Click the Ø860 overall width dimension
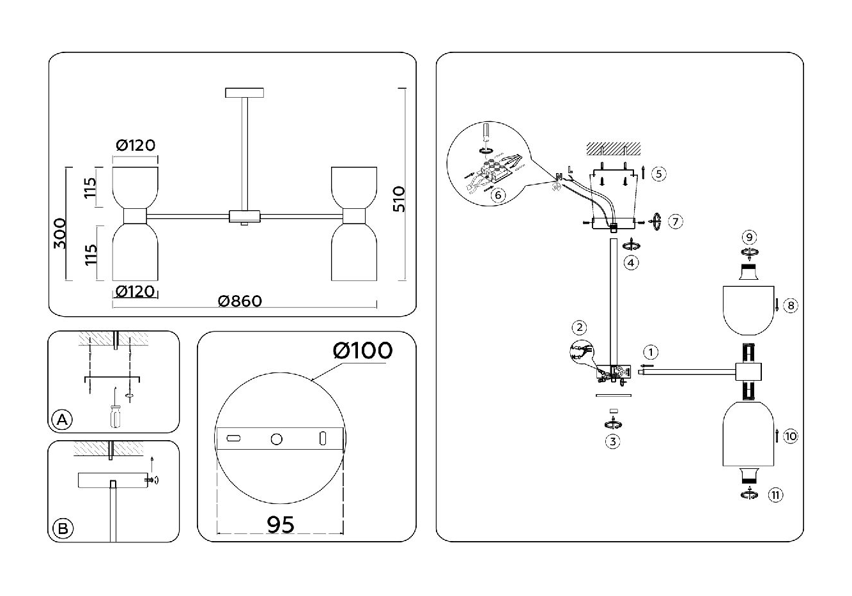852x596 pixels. click(240, 301)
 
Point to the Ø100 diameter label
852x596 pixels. click(362, 350)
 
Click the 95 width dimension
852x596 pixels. click(281, 524)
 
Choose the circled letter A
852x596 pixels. click(62, 420)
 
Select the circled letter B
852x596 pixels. click(62, 529)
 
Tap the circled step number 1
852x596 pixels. click(650, 352)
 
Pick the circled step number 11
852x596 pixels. click(775, 494)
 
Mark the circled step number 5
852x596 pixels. click(658, 174)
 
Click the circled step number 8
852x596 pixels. click(791, 306)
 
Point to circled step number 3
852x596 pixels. click(613, 441)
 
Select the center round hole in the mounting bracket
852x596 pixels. click(276, 439)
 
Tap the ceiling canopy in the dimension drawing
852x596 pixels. click(244, 93)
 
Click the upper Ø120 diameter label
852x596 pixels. click(136, 146)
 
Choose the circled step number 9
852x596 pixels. click(749, 236)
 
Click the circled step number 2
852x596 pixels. click(578, 328)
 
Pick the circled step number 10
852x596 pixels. click(791, 436)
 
